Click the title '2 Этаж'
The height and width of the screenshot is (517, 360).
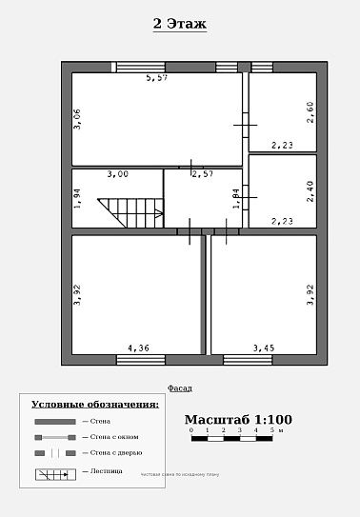(180, 24)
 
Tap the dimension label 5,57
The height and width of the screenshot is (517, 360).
(157, 78)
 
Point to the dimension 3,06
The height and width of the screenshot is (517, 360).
(78, 119)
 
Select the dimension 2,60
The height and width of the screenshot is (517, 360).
(310, 112)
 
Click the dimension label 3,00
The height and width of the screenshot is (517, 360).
(117, 174)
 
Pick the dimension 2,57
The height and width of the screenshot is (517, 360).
(202, 174)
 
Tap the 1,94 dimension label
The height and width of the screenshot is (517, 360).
(78, 198)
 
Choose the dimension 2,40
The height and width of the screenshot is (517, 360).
(310, 191)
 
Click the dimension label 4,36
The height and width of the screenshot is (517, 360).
(139, 348)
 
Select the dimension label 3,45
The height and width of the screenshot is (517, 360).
(263, 348)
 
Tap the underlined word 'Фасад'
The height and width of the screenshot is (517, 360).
(180, 388)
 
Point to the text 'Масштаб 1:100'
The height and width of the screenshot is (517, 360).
(238, 419)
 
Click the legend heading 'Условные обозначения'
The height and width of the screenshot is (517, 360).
(94, 405)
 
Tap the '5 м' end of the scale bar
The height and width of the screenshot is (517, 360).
(274, 431)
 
